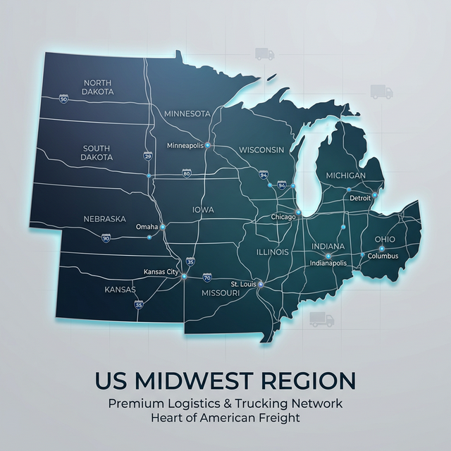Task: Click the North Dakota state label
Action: coord(97,87)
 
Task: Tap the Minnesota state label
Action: coord(187,113)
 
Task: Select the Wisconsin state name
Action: coord(261,150)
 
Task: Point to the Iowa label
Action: coord(203,210)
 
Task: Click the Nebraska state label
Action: coord(105,219)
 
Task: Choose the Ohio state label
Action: coord(385,240)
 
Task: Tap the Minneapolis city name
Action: coord(185,145)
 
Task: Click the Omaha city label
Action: coord(147,227)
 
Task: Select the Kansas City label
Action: coord(161,271)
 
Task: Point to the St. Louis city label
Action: coord(243,284)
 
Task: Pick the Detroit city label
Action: coord(360,198)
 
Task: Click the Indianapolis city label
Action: coord(328,263)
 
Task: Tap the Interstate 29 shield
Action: coord(147,155)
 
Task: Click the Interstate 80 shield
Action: coord(186,173)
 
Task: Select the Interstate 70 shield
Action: coord(206,278)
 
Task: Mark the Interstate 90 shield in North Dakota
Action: coord(64,99)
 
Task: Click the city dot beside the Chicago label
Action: coord(299,211)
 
